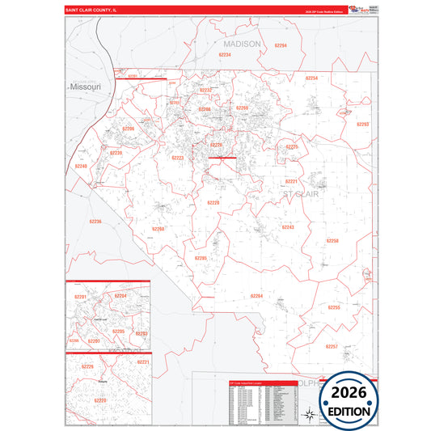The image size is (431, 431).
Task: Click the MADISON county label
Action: [243, 44]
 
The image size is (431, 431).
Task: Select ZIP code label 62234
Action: [225, 54]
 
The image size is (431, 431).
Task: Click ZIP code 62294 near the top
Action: [280, 46]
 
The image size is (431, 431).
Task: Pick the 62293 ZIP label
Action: [363, 124]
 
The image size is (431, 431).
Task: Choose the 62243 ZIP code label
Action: [288, 227]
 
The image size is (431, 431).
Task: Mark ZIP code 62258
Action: [332, 241]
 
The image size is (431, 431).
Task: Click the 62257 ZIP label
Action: [331, 346]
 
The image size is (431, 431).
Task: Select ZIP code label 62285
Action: [201, 258]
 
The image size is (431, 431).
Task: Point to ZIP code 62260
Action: [158, 229]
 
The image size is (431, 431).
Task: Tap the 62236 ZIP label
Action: [95, 221]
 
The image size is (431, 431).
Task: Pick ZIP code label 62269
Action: [242, 108]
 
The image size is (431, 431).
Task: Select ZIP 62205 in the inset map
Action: [118, 332]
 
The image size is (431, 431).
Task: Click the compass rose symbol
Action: [307, 416]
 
